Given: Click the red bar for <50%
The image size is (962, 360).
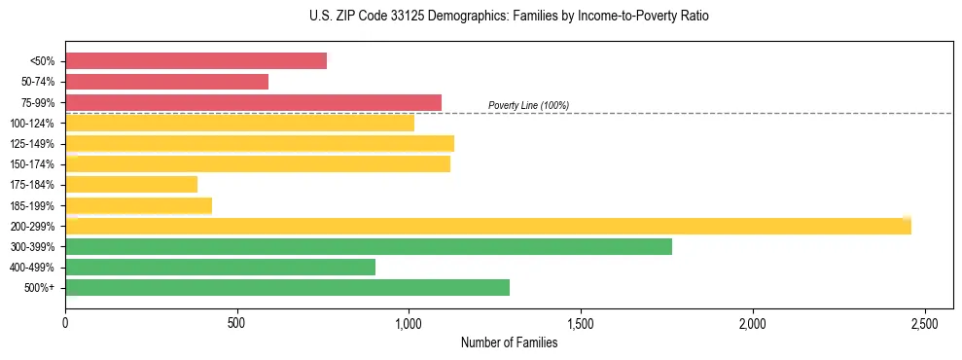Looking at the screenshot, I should (x=196, y=61).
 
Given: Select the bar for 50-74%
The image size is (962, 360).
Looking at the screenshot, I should (x=166, y=82).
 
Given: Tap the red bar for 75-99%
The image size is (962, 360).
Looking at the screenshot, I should (x=253, y=102).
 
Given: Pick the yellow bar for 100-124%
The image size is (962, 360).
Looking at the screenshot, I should (x=239, y=123).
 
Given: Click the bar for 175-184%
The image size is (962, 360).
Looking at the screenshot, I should (x=131, y=185).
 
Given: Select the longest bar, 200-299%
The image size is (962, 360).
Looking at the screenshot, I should (x=487, y=226).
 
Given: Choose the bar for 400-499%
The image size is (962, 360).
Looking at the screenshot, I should (x=220, y=267).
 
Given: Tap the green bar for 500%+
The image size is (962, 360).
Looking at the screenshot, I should (x=287, y=287).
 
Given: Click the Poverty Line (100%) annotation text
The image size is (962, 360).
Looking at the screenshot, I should (x=528, y=105).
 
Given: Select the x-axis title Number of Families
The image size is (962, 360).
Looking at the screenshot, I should (x=509, y=342).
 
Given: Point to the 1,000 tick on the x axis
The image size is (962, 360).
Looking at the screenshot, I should (x=409, y=322).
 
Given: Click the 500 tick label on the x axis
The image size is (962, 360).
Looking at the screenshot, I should (x=236, y=322).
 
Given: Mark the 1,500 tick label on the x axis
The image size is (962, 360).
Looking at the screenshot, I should (x=581, y=322).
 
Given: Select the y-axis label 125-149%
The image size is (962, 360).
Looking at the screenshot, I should (x=32, y=144).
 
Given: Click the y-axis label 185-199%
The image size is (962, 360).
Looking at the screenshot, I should (x=32, y=205).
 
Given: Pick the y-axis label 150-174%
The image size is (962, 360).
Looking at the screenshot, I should (x=32, y=164).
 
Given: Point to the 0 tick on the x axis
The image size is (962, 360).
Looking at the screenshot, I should (x=65, y=322).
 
